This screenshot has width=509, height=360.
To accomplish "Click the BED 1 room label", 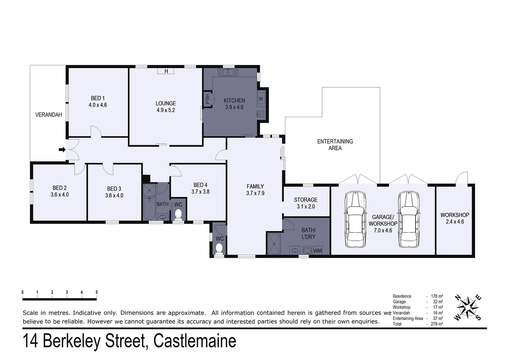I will pos(98,101).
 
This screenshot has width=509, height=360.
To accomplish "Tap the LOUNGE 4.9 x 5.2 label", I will pos(166,107).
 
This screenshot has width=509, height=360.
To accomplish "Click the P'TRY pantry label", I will pos(208,99).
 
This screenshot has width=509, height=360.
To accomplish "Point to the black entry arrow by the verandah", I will pos(62,149).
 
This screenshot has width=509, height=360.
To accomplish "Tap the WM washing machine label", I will pos(317,251).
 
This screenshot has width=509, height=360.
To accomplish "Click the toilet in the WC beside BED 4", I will pos(179,214).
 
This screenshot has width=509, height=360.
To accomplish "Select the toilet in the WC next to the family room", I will pos(219,249).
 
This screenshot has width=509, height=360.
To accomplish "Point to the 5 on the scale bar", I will pos(97,292).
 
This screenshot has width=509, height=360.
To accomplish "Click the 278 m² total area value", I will pos(437,324).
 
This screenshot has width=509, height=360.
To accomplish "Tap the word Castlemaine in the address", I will pos(195,341).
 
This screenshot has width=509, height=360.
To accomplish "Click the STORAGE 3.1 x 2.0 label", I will pos(305,203).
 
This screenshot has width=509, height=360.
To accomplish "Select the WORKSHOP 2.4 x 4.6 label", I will pos(455,218).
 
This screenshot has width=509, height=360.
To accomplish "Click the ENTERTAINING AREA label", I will pos(335,145).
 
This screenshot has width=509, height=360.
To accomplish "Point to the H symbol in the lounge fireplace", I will pos(166,71).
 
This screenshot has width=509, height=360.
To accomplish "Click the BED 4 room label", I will pos(200,188).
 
